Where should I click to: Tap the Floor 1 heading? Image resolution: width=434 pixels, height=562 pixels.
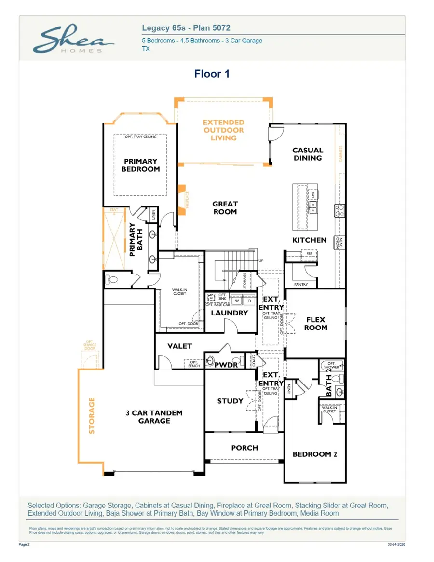(x=212, y=74)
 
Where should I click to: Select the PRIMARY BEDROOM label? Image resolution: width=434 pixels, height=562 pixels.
(x=140, y=165)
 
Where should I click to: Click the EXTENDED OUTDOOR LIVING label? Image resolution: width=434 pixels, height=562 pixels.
(x=223, y=130)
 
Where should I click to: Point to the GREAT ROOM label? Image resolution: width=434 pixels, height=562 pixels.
(x=225, y=208)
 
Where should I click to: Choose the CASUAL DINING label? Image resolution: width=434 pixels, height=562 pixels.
(x=308, y=154)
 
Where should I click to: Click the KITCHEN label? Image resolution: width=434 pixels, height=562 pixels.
(x=309, y=240)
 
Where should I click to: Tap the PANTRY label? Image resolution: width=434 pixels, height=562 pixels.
(x=301, y=285)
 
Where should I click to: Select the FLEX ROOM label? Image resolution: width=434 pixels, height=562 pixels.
(x=316, y=323)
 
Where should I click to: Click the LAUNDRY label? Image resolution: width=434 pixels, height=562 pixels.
(x=230, y=313)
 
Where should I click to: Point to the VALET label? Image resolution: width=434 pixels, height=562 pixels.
(x=179, y=346)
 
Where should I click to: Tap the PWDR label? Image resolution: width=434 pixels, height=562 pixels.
(x=227, y=365)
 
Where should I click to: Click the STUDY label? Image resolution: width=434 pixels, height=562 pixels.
(x=230, y=401)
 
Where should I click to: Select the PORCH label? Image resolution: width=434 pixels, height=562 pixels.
(x=244, y=448)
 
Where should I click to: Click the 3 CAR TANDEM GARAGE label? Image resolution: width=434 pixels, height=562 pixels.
(x=154, y=417)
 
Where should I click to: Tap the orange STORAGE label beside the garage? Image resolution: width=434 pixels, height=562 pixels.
(x=92, y=415)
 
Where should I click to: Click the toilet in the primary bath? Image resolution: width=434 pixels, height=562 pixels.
(x=111, y=279)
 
